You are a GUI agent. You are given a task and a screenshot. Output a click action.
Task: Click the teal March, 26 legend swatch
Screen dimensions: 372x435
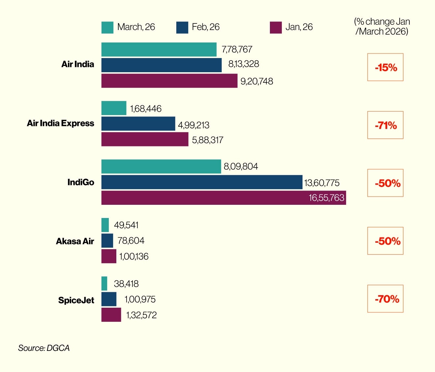(107, 28)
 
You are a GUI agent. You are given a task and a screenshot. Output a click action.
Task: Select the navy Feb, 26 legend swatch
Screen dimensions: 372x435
(182, 28)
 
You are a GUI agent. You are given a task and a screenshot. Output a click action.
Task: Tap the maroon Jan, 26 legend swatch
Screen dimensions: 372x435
(276, 28)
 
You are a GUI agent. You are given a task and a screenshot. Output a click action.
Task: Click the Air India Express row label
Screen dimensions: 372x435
(61, 123)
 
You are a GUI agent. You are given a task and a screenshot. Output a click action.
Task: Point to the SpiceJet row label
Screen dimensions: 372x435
(76, 300)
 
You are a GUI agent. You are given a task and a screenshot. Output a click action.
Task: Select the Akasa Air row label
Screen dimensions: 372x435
(75, 241)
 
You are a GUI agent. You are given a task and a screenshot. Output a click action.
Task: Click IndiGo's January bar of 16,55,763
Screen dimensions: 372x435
(223, 198)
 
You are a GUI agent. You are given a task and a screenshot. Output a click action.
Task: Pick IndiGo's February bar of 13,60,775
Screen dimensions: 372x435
(202, 182)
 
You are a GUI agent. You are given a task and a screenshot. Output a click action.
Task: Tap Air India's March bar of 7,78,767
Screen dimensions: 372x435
(159, 49)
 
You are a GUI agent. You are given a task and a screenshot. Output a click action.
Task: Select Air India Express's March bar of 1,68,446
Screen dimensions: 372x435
(114, 108)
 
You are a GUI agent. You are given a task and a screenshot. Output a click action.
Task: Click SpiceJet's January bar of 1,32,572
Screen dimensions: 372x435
(111, 315)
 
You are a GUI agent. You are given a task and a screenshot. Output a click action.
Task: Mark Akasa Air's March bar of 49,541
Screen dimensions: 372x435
(105, 225)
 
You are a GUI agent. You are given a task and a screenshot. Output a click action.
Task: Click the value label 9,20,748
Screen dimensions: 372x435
(257, 81)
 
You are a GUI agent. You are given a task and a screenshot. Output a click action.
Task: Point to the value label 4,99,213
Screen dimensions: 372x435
(194, 125)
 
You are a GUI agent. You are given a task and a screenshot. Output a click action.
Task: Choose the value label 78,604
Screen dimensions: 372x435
(131, 241)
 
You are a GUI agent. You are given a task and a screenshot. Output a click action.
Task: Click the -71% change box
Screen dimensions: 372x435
(385, 125)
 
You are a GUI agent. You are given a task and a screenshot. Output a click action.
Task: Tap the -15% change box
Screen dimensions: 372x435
(385, 67)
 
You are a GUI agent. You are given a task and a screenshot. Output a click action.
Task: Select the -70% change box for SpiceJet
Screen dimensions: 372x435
(385, 299)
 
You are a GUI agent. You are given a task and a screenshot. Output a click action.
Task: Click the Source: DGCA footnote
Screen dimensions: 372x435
(44, 348)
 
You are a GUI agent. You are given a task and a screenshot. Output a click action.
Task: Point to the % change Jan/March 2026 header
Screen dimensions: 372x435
(382, 27)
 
